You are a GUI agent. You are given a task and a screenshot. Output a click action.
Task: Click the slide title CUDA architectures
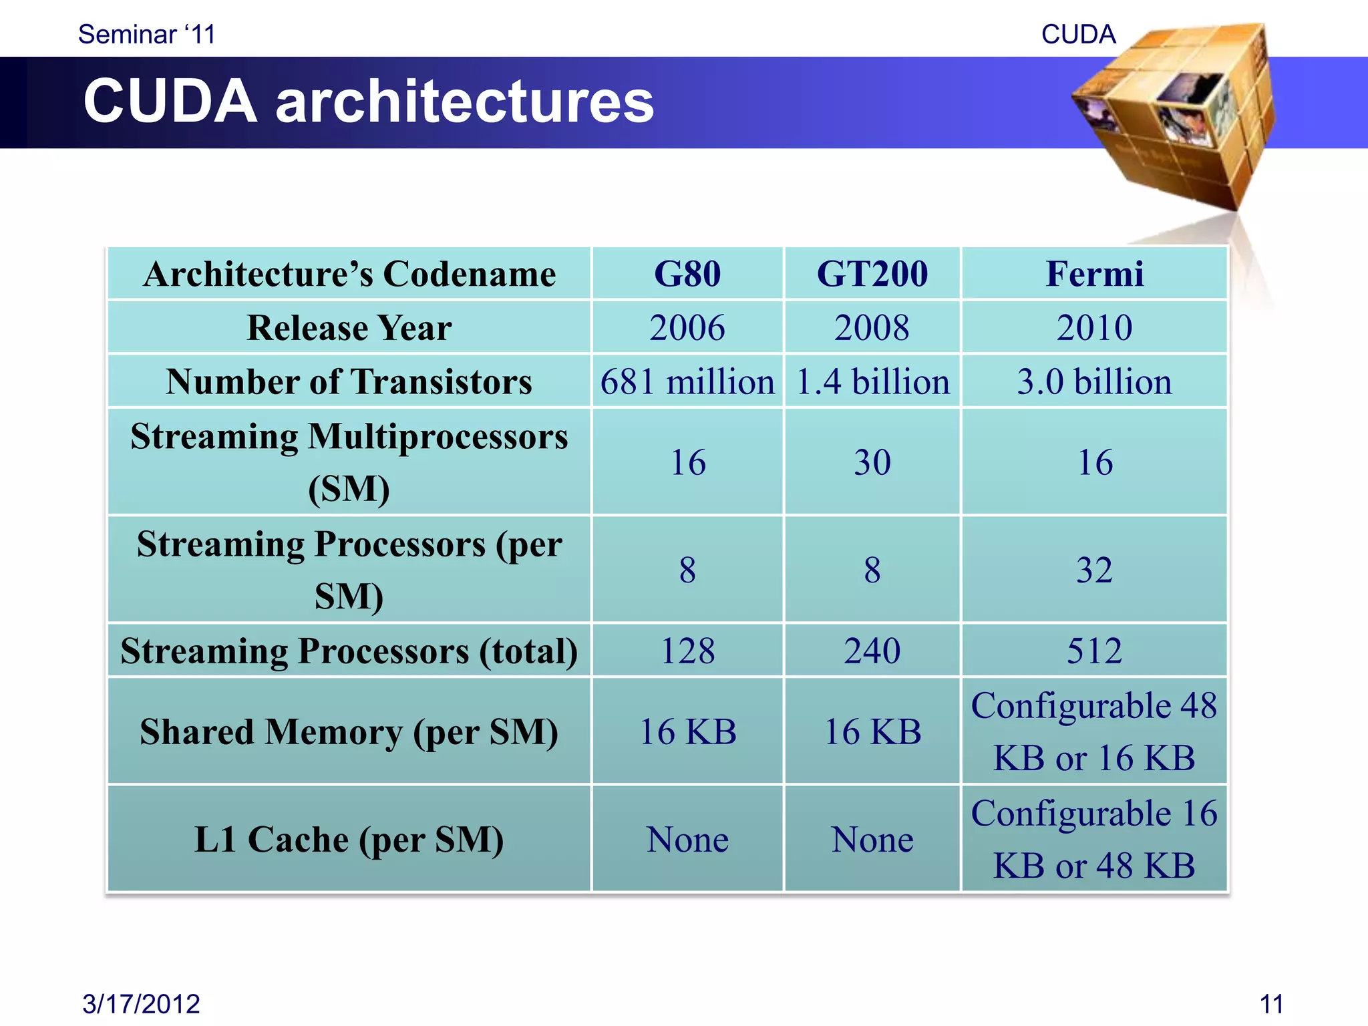368,102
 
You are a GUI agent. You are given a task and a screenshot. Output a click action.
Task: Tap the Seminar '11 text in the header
147,34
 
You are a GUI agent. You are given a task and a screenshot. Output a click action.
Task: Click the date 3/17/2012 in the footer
141,1003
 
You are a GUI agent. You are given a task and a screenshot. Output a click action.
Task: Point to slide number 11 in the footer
1271,1003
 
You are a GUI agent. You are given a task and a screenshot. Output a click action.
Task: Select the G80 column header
687,274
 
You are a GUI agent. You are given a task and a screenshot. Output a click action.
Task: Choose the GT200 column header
872,274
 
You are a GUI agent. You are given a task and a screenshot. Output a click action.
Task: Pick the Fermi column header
1094,274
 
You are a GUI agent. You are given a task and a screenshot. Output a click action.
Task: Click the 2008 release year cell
872,328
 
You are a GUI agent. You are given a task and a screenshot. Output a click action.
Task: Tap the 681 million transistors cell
687,382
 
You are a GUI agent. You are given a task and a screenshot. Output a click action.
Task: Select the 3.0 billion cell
1094,382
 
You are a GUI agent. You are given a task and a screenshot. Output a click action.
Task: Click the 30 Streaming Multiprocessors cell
872,462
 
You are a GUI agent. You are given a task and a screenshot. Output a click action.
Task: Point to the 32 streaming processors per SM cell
1094,570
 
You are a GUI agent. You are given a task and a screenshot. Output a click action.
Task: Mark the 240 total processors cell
872,651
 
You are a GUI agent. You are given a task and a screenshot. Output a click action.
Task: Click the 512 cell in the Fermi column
1094,651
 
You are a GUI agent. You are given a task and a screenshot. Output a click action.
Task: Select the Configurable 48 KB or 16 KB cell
1094,731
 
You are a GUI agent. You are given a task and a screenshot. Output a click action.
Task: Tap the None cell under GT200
872,840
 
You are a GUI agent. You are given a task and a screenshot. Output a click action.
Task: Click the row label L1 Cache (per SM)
349,840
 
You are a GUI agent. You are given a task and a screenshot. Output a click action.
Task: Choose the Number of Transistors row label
349,382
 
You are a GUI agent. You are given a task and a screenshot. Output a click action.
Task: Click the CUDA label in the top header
1078,34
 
